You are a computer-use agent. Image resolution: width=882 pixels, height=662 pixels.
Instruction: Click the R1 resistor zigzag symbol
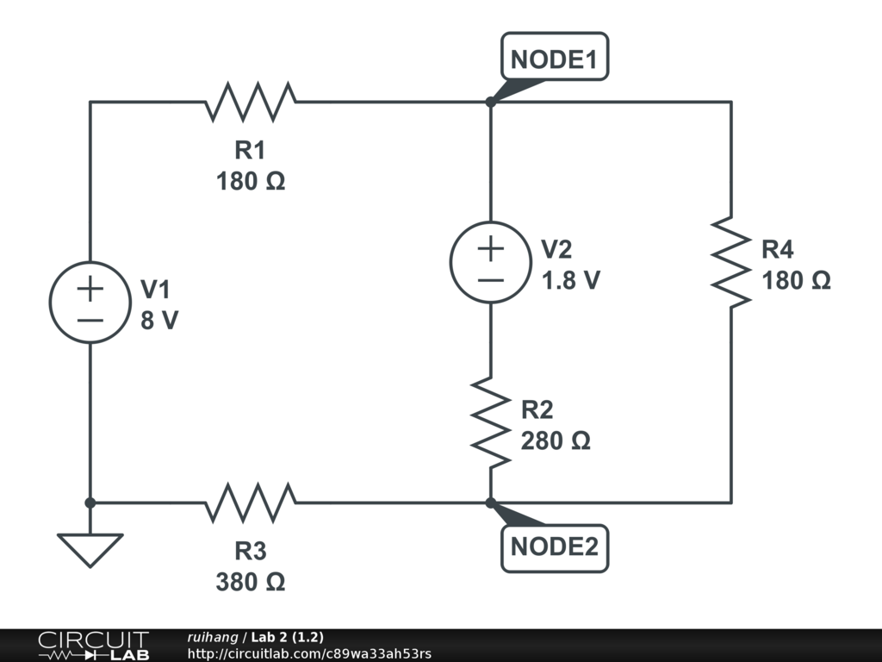click(251, 102)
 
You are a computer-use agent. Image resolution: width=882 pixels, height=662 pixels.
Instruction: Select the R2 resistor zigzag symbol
click(490, 422)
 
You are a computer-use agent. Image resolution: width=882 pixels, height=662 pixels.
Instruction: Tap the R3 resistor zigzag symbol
click(251, 502)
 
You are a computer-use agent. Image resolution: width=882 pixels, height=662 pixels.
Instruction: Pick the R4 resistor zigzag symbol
click(731, 262)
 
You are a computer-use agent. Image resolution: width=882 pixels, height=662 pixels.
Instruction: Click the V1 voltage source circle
click(90, 302)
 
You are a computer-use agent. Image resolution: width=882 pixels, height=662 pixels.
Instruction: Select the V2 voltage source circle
click(490, 262)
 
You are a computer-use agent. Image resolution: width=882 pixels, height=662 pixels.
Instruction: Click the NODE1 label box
click(555, 59)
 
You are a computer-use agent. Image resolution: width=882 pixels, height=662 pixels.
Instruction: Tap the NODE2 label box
click(555, 546)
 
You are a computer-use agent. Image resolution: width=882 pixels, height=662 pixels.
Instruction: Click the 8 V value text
click(160, 321)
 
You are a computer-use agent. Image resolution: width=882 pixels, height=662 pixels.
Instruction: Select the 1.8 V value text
click(570, 280)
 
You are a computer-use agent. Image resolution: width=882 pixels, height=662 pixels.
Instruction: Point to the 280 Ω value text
click(556, 440)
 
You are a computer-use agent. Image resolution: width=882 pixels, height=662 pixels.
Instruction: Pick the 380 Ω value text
click(250, 582)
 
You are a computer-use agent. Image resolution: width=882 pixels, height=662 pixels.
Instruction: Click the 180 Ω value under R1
click(250, 182)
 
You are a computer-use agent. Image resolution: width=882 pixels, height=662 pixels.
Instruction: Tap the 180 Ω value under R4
click(797, 280)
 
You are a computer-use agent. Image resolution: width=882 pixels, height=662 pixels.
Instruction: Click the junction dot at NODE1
click(490, 102)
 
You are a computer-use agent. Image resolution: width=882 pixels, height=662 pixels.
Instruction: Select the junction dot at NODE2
click(490, 502)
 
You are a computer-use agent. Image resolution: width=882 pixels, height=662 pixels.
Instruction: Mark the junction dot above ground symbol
click(90, 502)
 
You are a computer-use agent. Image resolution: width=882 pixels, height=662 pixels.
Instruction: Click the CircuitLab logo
click(93, 646)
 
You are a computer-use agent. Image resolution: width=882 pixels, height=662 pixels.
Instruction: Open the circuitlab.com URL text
click(309, 653)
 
